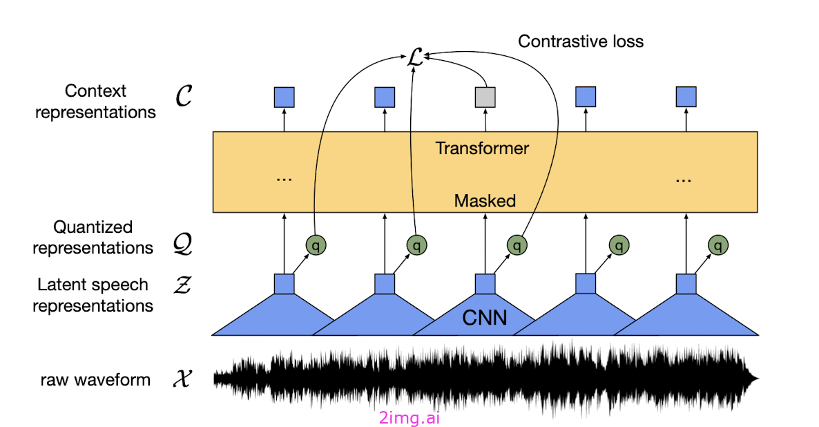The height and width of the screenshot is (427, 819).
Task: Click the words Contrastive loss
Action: tap(581, 41)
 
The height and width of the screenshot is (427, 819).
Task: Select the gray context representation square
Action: tap(485, 97)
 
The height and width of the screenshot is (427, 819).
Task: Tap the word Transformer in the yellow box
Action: tap(482, 148)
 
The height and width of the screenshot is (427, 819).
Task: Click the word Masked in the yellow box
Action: tap(485, 201)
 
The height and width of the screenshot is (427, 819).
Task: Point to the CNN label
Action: tap(484, 318)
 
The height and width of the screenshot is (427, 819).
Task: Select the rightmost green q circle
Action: tap(718, 245)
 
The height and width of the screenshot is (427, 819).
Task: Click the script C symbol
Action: tap(183, 97)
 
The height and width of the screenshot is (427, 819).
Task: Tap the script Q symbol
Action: tap(183, 245)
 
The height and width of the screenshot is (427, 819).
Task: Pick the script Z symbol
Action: tap(183, 285)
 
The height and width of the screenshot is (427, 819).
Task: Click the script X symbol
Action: tap(183, 379)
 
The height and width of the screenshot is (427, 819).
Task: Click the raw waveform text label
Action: tap(95, 379)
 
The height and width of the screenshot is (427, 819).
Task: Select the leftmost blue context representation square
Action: tap(285, 97)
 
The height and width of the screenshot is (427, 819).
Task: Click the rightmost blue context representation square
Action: tap(686, 97)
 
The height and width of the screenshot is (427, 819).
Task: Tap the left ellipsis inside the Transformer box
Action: tap(284, 178)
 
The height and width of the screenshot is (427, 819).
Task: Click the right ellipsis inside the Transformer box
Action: tap(684, 178)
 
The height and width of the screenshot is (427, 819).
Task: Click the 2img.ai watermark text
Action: tap(409, 417)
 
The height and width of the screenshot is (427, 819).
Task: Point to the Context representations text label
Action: tap(95, 102)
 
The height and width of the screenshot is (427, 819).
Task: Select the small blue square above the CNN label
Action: tap(485, 284)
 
